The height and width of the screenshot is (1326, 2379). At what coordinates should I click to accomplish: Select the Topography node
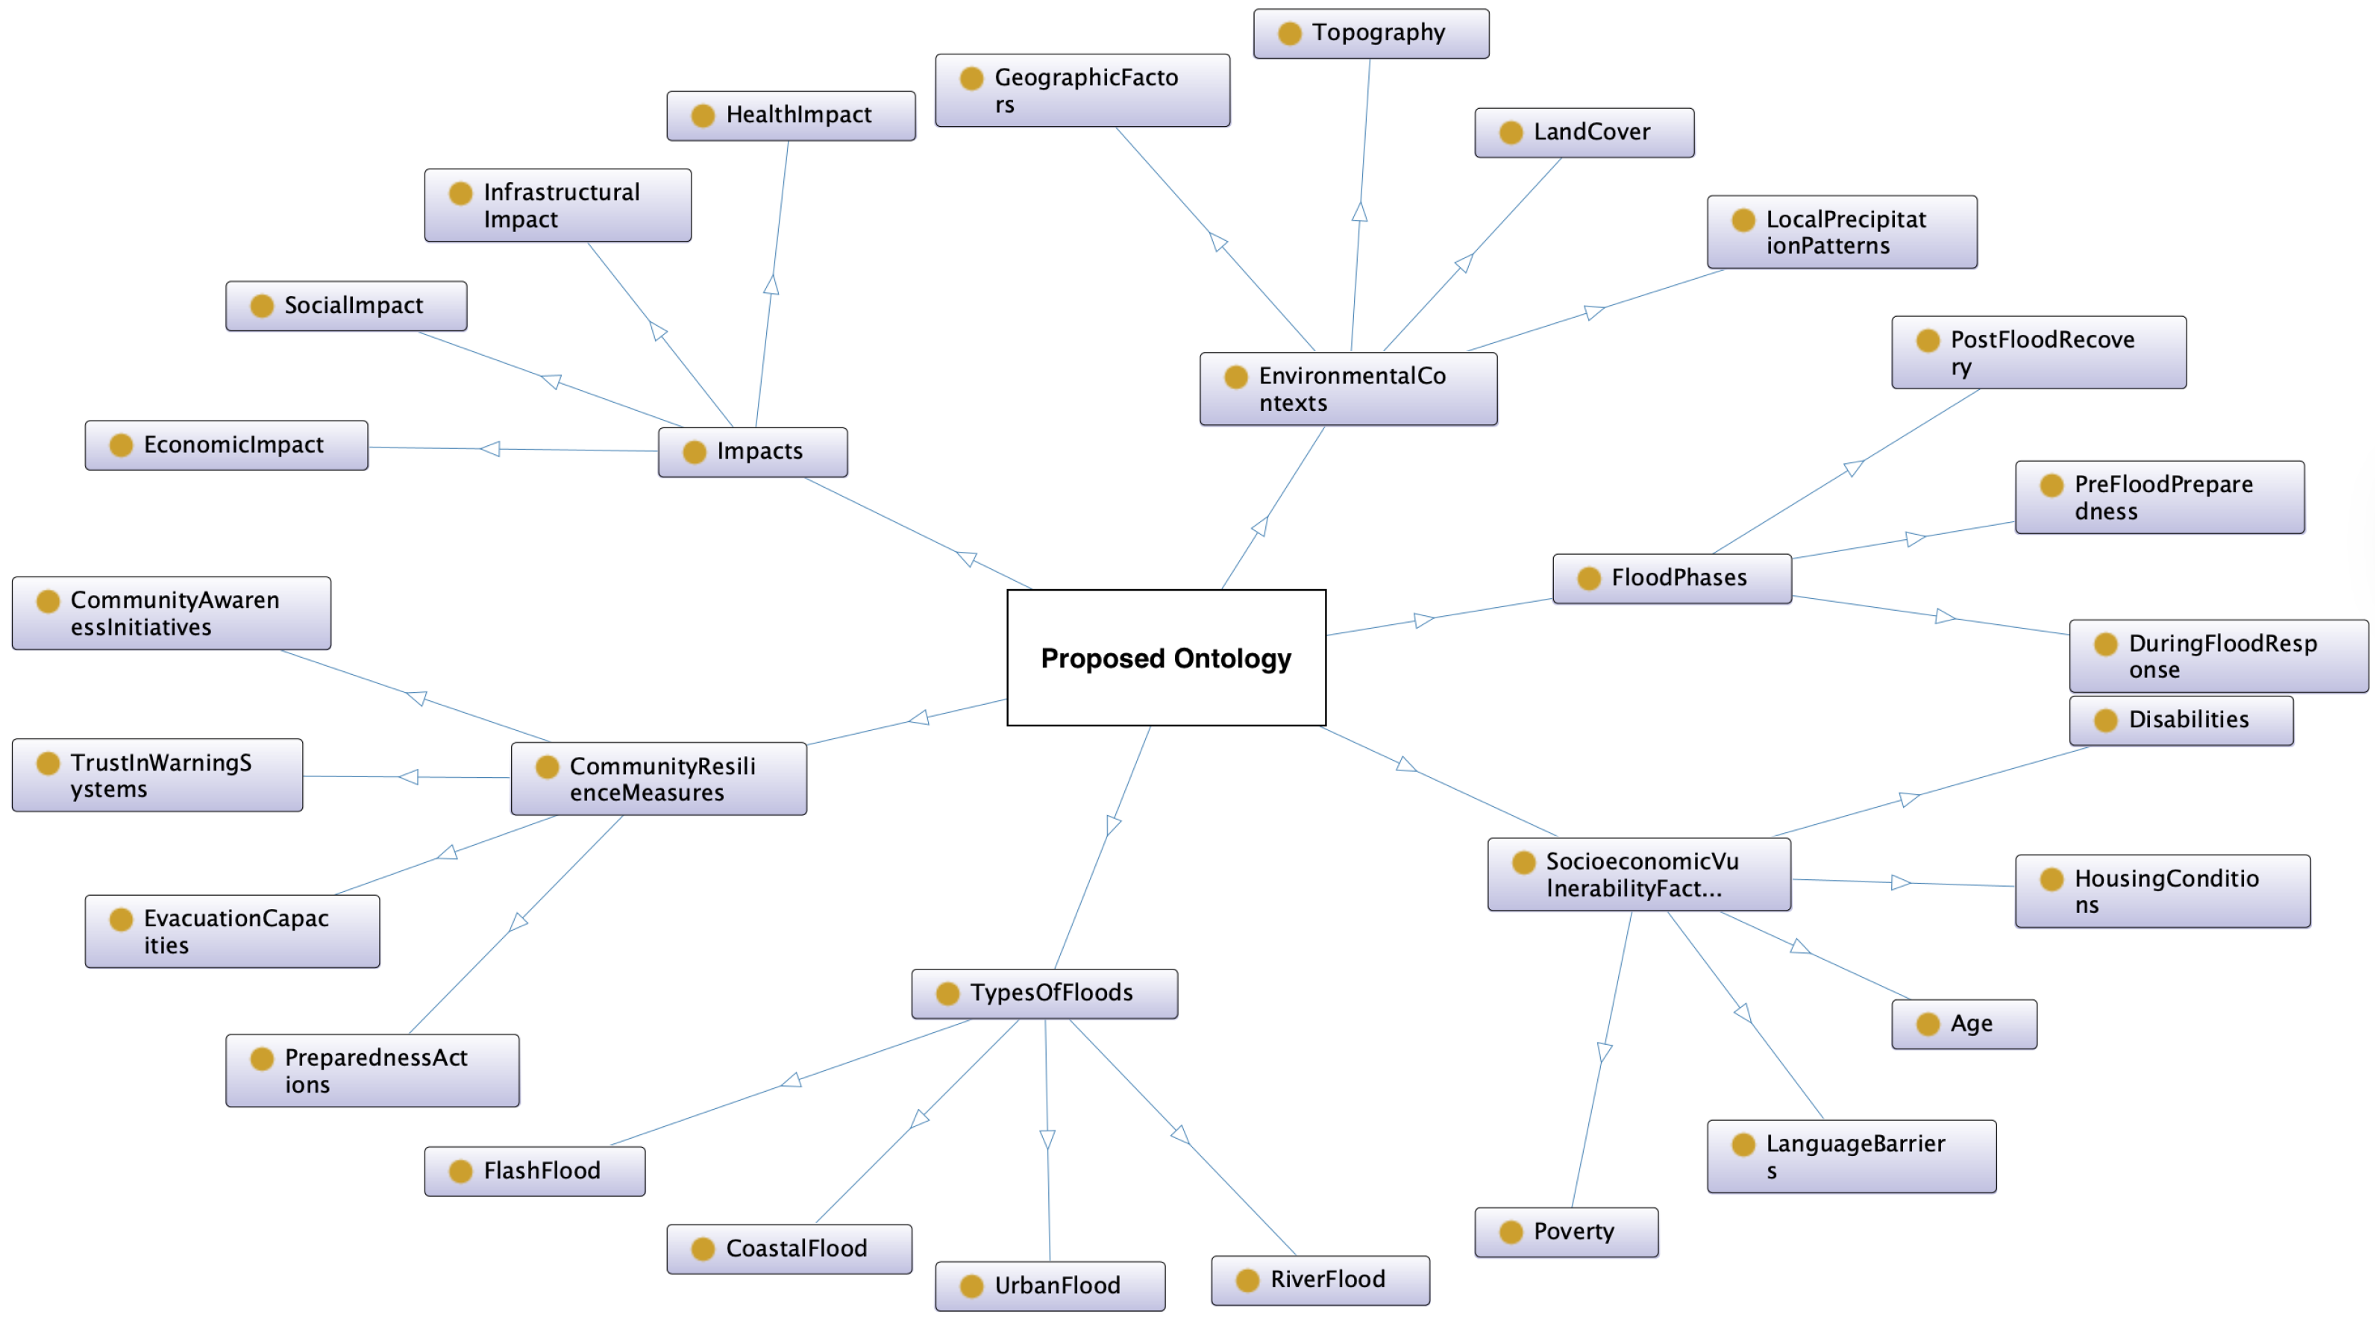pos(1370,34)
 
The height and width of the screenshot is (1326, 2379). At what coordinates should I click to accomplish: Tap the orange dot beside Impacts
pos(694,451)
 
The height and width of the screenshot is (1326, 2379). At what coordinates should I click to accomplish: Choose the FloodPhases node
pos(1672,578)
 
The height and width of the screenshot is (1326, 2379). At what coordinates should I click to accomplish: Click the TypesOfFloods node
pos(1044,993)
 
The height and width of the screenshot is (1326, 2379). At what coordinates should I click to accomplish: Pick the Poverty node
pos(1567,1232)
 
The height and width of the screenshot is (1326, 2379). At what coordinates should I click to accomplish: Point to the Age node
pos(1963,1024)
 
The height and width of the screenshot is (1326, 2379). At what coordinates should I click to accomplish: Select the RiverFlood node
pos(1320,1280)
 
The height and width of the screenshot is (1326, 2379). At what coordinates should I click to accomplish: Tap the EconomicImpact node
pos(226,445)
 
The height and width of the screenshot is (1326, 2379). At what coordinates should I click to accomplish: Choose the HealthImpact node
pos(791,116)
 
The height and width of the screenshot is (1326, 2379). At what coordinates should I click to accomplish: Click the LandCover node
pos(1584,132)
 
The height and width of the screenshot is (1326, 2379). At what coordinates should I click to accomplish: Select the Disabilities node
pos(2181,720)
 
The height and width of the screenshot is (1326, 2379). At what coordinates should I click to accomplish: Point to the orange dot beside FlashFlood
pos(460,1172)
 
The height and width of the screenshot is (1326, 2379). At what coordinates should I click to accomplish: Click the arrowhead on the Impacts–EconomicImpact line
pos(490,449)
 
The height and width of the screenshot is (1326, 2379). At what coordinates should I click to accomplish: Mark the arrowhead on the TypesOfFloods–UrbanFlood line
pos(1047,1140)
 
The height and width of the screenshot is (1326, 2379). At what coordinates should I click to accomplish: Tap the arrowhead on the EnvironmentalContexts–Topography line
pos(1359,212)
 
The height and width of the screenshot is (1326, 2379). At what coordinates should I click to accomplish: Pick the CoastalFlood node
pos(789,1249)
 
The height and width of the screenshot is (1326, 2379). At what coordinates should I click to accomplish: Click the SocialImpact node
pos(345,306)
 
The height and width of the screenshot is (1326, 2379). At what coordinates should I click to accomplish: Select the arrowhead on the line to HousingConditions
pos(1899,883)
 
